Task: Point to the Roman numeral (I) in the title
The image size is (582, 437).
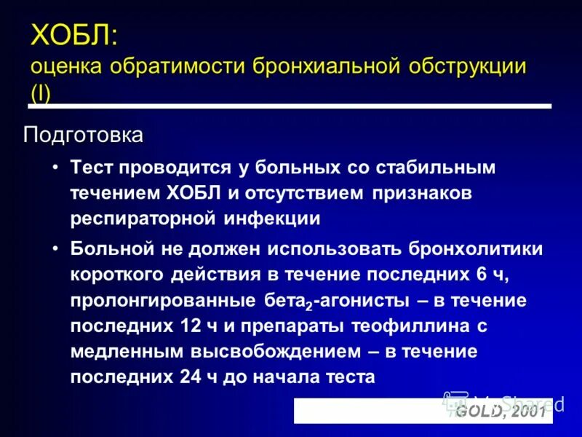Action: (x=40, y=94)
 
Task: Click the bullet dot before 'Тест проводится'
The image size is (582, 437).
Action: (x=55, y=168)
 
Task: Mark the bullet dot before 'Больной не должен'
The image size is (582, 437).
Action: (x=55, y=248)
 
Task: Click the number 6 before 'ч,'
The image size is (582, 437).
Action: (x=456, y=274)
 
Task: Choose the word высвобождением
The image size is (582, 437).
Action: (x=275, y=351)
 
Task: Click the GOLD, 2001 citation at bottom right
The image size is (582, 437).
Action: (x=500, y=412)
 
